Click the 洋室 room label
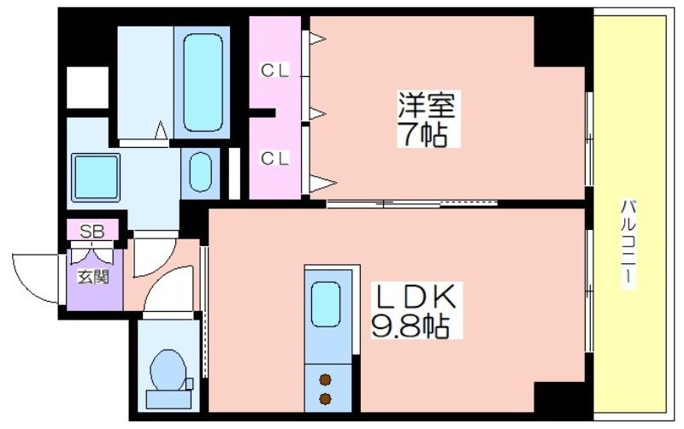tap(426, 104)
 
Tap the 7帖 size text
tap(422, 133)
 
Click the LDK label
tap(414, 297)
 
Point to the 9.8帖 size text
tap(410, 326)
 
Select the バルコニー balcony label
tap(628, 244)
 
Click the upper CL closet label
tap(274, 70)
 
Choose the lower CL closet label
tap(274, 158)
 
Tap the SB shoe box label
tap(92, 231)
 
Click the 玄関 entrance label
tap(93, 276)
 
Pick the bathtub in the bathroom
tap(203, 82)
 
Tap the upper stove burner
tap(325, 380)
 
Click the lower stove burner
tap(325, 398)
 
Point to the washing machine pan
tap(96, 178)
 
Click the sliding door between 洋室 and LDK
tap(412, 203)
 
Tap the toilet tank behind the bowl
tap(168, 399)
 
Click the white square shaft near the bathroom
tap(87, 87)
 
